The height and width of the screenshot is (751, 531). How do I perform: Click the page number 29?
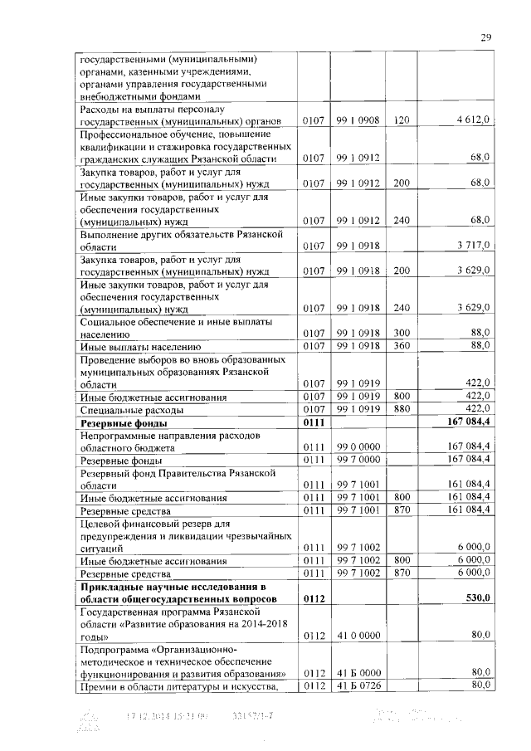pos(487,37)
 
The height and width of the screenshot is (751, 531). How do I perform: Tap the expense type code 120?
pos(402,120)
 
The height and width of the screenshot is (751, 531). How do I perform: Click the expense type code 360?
pos(402,345)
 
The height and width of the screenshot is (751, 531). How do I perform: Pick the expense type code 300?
pos(402,332)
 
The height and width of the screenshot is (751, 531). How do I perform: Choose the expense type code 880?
pos(402,409)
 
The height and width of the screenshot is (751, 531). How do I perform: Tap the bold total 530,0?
pos(475,597)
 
